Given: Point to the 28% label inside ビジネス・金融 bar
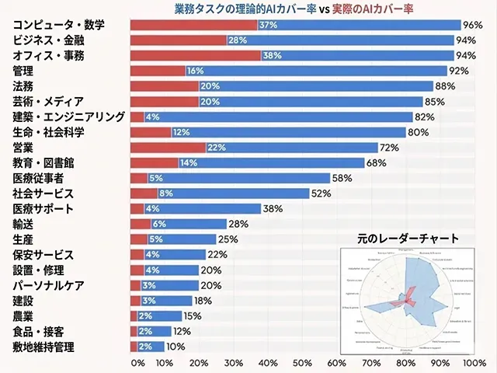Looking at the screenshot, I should [238, 40].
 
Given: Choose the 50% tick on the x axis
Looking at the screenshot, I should [302, 363].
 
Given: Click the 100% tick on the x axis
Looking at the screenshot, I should [473, 363].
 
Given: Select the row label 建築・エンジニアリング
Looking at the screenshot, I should [68, 117].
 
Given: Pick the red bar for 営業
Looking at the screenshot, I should [167, 148].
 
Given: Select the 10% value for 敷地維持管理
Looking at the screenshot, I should [176, 347].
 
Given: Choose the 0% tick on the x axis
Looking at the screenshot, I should [137, 363].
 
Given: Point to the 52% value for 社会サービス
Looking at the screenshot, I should [321, 193].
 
